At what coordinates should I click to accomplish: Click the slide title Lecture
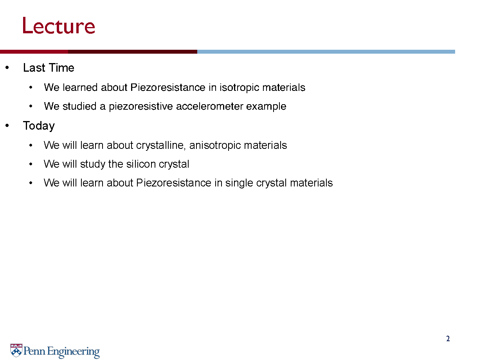point(59,26)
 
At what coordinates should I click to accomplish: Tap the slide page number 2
point(448,338)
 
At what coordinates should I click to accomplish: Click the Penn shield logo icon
point(16,350)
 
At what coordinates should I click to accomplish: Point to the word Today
point(39,126)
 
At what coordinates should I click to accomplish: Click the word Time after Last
point(61,67)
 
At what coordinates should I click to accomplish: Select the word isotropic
point(239,88)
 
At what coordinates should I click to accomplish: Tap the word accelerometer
point(209,107)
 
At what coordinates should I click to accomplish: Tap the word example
point(266,107)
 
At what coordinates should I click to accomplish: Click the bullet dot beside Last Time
point(7,67)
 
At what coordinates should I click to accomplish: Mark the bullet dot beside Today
point(7,125)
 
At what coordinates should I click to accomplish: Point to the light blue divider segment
point(326,52)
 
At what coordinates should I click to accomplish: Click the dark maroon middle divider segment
point(133,52)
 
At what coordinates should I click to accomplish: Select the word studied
point(79,107)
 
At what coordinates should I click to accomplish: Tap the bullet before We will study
point(31,164)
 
